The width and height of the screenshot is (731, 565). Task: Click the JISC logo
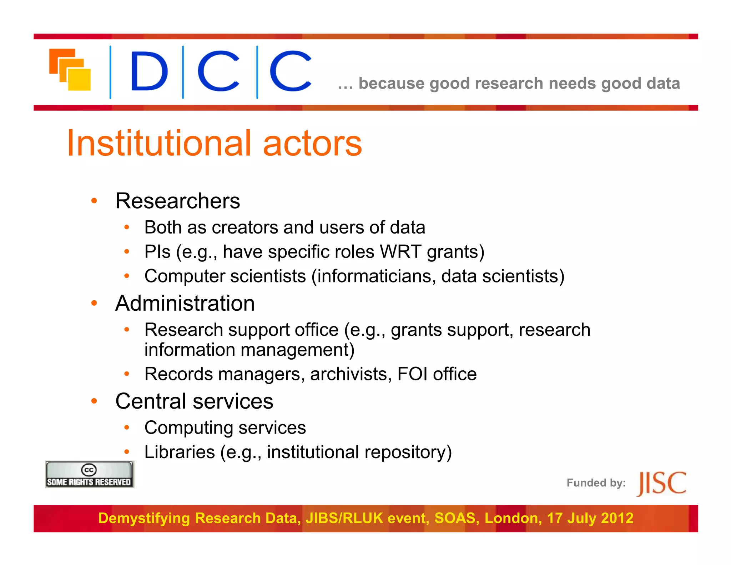click(661, 483)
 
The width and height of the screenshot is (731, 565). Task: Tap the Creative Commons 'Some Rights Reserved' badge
click(89, 474)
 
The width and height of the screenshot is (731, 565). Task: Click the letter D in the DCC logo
click(149, 71)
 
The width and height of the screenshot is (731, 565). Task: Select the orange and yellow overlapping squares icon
click(70, 69)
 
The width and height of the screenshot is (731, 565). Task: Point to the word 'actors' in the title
click(312, 143)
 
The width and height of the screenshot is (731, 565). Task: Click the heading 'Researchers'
click(177, 201)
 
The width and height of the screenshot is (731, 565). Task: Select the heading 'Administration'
click(185, 303)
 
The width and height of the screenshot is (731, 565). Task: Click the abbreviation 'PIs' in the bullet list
click(157, 252)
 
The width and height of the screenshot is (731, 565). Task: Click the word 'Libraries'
click(180, 452)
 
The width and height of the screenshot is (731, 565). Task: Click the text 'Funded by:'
click(596, 483)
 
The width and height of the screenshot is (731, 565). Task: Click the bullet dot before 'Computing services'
click(127, 427)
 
